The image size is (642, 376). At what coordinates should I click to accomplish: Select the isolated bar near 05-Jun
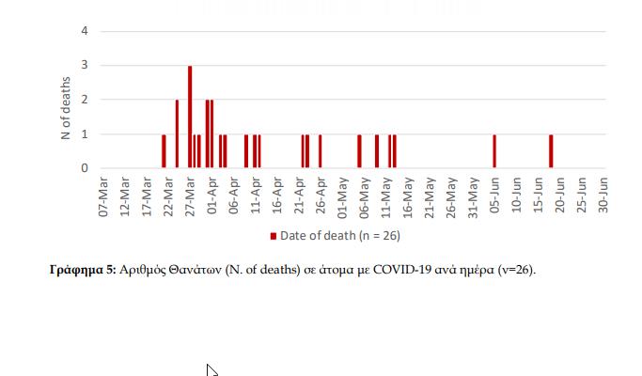point(494,151)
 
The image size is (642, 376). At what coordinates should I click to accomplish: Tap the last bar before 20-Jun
point(551,151)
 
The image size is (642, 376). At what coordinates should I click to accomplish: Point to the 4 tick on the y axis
point(85,31)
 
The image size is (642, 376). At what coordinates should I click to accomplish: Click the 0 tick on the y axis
point(85,168)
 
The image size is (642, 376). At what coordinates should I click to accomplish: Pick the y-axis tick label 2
point(85,100)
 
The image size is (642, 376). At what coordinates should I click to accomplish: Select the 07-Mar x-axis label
point(106,195)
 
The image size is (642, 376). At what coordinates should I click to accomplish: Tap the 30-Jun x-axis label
point(603,195)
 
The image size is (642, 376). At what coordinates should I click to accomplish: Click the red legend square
point(274,235)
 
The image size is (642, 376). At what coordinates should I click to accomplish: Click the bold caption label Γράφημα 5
point(82,270)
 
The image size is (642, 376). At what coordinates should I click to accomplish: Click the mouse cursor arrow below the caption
point(211,370)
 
